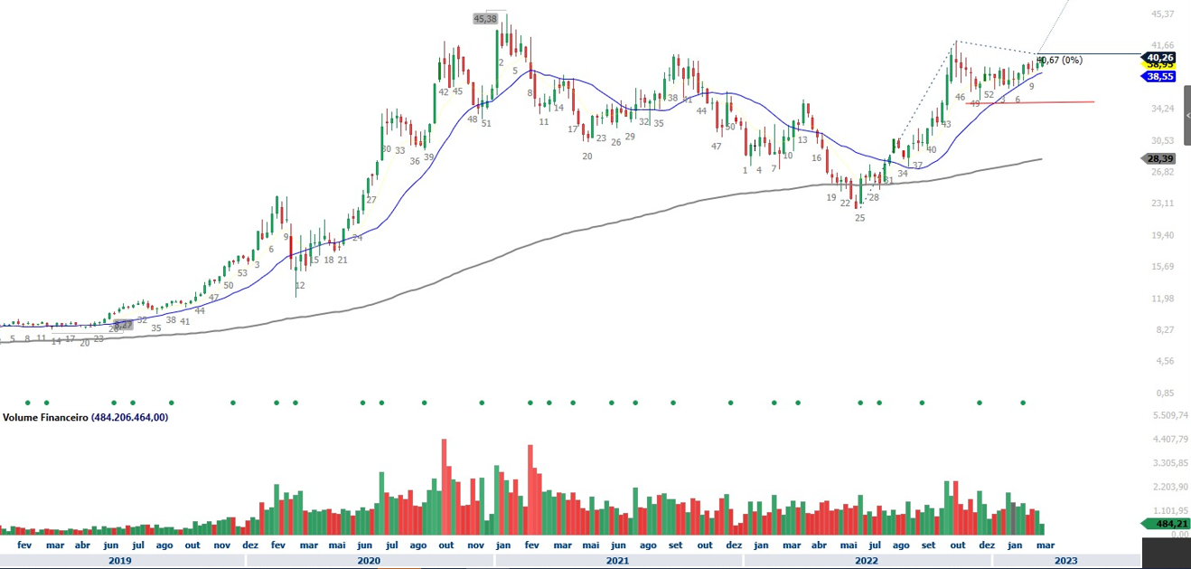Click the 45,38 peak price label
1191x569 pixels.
pyautogui.click(x=485, y=18)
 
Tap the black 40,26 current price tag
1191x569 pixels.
pyautogui.click(x=1159, y=56)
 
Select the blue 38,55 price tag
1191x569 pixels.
pyautogui.click(x=1159, y=77)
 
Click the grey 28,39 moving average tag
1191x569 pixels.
pyautogui.click(x=1159, y=158)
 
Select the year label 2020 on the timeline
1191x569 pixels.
pyautogui.click(x=369, y=561)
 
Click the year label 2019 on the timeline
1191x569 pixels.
pyautogui.click(x=120, y=561)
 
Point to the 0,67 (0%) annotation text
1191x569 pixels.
pyautogui.click(x=1061, y=61)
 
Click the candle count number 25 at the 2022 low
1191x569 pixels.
pyautogui.click(x=860, y=218)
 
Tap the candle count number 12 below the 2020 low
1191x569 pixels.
pyautogui.click(x=300, y=286)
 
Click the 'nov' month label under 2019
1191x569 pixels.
pyautogui.click(x=221, y=545)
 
